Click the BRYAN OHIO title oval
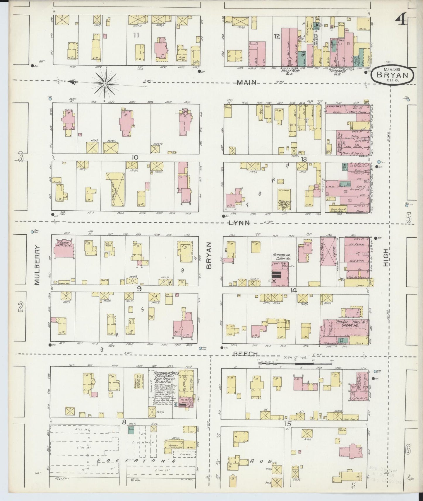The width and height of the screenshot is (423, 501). tap(393, 76)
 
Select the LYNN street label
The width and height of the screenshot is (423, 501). tap(239, 223)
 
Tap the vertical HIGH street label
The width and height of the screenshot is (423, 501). tap(386, 258)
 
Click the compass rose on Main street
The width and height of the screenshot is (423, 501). tap(105, 83)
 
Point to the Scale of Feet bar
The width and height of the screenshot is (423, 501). tap(294, 363)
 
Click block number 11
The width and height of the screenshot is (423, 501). tap(136, 35)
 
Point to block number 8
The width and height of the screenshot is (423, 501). tap(124, 422)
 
